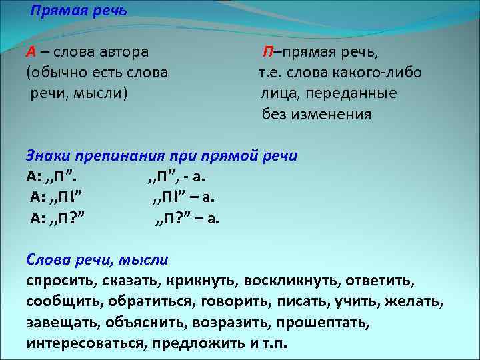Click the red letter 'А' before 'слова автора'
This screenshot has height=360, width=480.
point(31,53)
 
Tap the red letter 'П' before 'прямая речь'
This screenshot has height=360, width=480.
point(267,53)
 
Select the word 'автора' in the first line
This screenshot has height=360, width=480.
point(125,53)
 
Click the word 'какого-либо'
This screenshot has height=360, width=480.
point(383,73)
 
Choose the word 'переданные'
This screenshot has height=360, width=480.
point(360,93)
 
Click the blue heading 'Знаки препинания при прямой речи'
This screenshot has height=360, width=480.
point(162,155)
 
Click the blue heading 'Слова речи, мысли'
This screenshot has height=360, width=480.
point(97,259)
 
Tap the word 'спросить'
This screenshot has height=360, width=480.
point(59,280)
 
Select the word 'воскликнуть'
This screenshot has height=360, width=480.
point(283,280)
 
